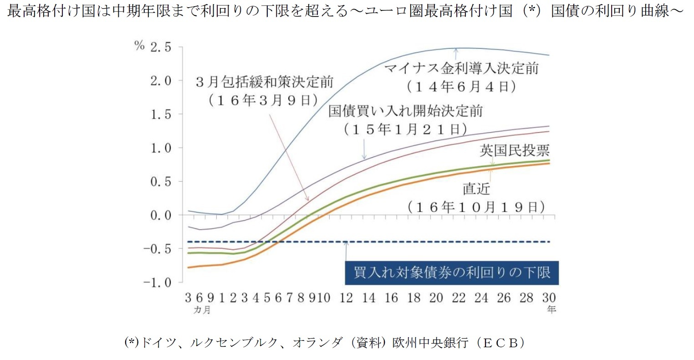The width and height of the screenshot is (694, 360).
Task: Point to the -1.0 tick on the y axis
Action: tap(157, 283)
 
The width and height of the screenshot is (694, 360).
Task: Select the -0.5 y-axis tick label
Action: tap(157, 249)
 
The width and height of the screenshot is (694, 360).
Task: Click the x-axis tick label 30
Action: tap(549, 298)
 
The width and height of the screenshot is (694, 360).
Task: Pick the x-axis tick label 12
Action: tap(346, 298)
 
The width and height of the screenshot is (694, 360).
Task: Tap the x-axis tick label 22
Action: tap(459, 298)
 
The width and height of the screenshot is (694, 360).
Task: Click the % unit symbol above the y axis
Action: tap(139, 46)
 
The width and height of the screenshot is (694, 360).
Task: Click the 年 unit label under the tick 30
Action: tap(551, 310)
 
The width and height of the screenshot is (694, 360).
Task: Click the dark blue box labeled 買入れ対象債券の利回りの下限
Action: tap(452, 273)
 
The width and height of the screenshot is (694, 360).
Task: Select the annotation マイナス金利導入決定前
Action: tap(461, 69)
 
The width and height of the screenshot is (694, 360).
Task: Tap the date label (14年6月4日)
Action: tap(461, 87)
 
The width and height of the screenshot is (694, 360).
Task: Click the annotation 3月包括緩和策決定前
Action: tap(265, 82)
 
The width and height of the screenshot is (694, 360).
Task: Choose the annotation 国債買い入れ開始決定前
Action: tap(405, 111)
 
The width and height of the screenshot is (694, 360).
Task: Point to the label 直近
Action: tap(476, 189)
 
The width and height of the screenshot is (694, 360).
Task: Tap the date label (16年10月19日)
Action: tap(476, 207)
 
